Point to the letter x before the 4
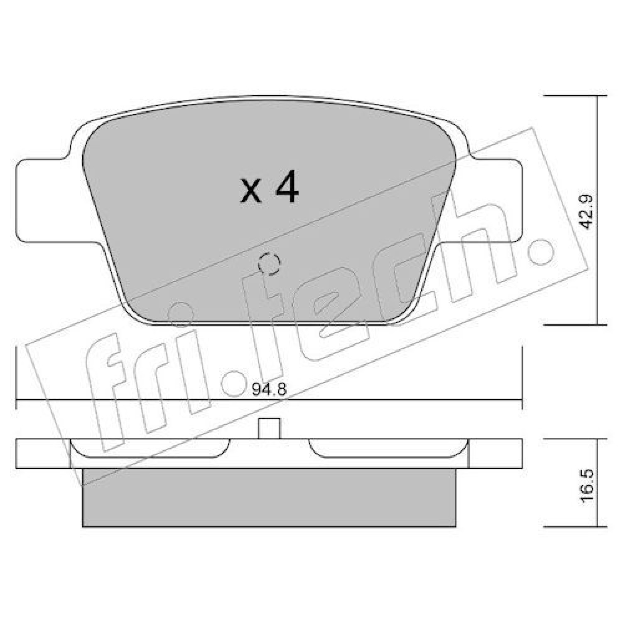251,192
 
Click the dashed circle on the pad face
269,263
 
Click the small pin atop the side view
269,428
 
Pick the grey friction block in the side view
269,498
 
